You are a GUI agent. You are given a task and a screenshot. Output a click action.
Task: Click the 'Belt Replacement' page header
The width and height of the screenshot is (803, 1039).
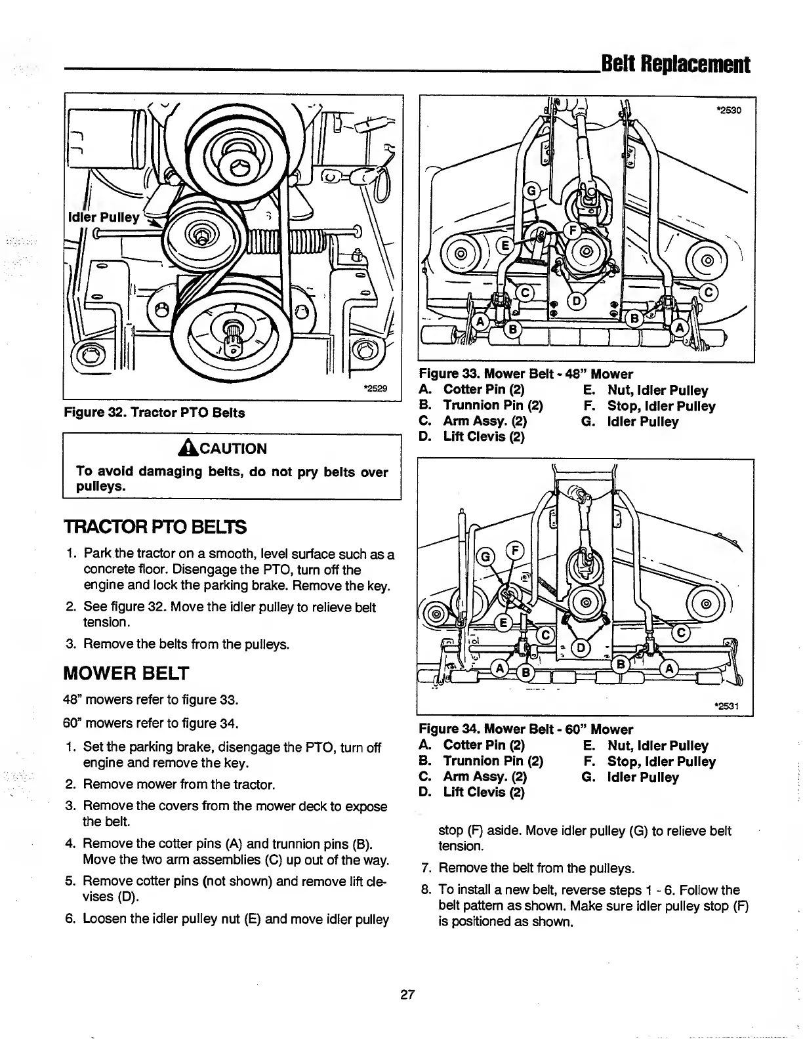pos(675,64)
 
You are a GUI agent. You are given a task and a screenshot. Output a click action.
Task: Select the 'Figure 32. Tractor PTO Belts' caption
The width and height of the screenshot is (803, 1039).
pos(154,413)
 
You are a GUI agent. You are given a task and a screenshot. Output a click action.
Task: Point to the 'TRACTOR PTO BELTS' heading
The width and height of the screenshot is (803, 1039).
pos(155,527)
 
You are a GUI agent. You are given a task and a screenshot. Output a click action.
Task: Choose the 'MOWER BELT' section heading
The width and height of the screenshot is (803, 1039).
pos(126,673)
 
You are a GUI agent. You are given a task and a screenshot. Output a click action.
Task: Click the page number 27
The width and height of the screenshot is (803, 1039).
pos(407,994)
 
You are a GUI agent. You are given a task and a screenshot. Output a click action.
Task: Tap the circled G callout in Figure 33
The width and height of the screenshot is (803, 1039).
pos(532,191)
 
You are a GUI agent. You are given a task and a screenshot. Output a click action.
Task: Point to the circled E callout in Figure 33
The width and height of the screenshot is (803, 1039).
pos(506,247)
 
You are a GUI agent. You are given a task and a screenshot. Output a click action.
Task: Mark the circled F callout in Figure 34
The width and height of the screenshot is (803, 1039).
pos(514,550)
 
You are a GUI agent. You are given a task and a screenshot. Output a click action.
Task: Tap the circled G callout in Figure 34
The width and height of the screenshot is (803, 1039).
pos(487,557)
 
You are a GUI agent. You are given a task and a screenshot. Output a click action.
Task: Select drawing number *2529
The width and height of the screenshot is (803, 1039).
pos(375,388)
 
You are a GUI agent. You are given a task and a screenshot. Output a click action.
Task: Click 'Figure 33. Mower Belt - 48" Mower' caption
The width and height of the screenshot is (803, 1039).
pos(525,375)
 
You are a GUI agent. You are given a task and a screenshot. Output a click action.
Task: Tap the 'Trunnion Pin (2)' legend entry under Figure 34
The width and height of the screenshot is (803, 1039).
pos(493,762)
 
